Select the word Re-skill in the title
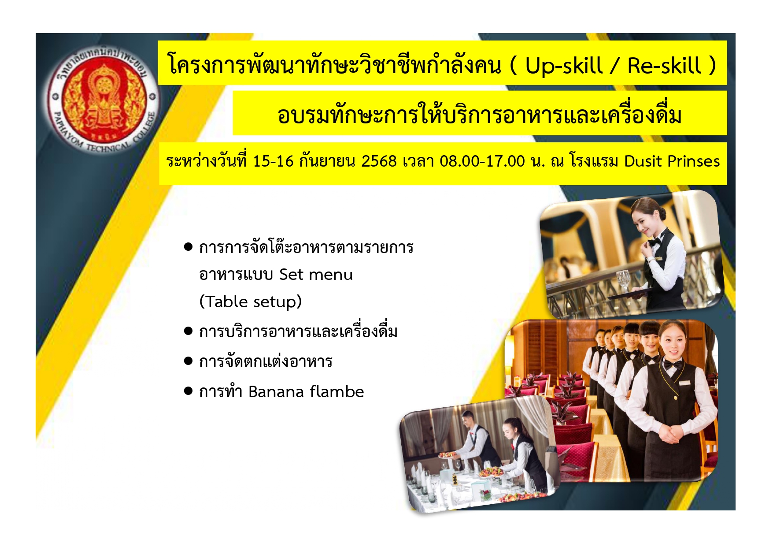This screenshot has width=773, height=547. [x=664, y=66]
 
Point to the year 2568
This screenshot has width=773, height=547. [x=379, y=161]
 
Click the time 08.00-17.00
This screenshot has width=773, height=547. [x=482, y=161]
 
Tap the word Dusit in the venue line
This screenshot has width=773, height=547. [x=643, y=161]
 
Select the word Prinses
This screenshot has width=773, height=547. [x=693, y=161]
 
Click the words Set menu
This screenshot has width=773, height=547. [x=316, y=275]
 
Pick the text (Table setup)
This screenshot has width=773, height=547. [x=251, y=302]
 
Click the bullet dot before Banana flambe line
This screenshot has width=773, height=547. [x=189, y=391]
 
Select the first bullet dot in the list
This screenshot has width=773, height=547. [x=189, y=246]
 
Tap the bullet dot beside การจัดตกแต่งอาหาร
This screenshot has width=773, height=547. [x=189, y=361]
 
